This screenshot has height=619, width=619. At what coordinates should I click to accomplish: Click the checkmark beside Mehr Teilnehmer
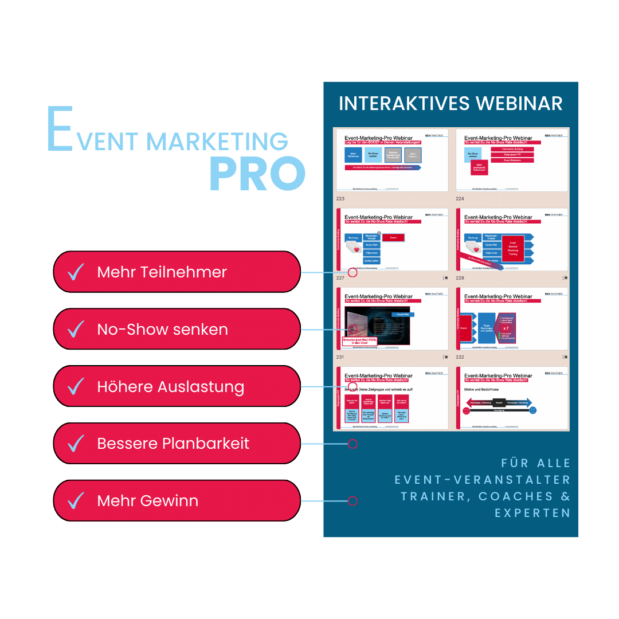pyautogui.click(x=76, y=272)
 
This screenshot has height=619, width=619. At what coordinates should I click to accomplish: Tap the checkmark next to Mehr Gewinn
pyautogui.click(x=76, y=500)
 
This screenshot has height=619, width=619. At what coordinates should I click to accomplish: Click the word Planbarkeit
pyautogui.click(x=206, y=444)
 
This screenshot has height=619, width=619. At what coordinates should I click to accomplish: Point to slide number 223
pyautogui.click(x=340, y=199)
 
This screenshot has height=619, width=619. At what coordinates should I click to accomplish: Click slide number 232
pyautogui.click(x=461, y=357)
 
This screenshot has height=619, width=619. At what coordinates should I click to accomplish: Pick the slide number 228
pyautogui.click(x=461, y=278)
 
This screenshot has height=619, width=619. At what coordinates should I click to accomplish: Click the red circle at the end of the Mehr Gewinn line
pyautogui.click(x=352, y=501)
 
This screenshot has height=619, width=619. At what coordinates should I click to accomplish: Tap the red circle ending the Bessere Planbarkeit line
pyautogui.click(x=352, y=444)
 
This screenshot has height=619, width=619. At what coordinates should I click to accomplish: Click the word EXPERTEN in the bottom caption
pyautogui.click(x=532, y=513)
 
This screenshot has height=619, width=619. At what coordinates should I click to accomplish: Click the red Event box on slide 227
pyautogui.click(x=393, y=237)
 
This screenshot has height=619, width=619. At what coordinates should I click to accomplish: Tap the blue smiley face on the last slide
pyautogui.click(x=532, y=411)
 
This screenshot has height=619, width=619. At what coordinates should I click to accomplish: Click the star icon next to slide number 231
pyautogui.click(x=446, y=357)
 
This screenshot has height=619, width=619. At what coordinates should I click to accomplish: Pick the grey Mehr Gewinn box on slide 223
pyautogui.click(x=413, y=155)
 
